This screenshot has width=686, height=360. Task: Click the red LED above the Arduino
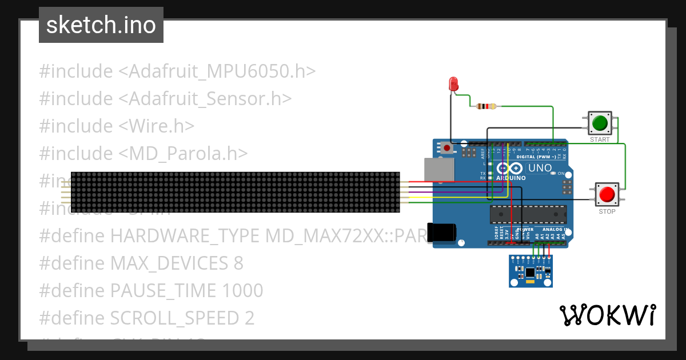point(454,84)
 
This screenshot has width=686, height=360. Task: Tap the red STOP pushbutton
point(607,195)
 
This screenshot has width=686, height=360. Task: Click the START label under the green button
point(600,139)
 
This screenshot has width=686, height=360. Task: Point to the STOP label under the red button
point(607,211)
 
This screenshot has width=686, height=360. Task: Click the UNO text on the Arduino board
point(539,169)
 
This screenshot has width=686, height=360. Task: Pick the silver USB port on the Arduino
point(438,170)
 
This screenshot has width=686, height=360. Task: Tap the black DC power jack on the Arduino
point(442,232)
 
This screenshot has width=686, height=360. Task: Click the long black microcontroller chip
point(528,214)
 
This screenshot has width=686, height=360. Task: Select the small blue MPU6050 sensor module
point(531,271)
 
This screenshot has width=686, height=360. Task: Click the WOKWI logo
point(607,315)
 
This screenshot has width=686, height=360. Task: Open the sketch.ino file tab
point(101,25)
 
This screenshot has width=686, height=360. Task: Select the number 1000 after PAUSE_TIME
point(242,291)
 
